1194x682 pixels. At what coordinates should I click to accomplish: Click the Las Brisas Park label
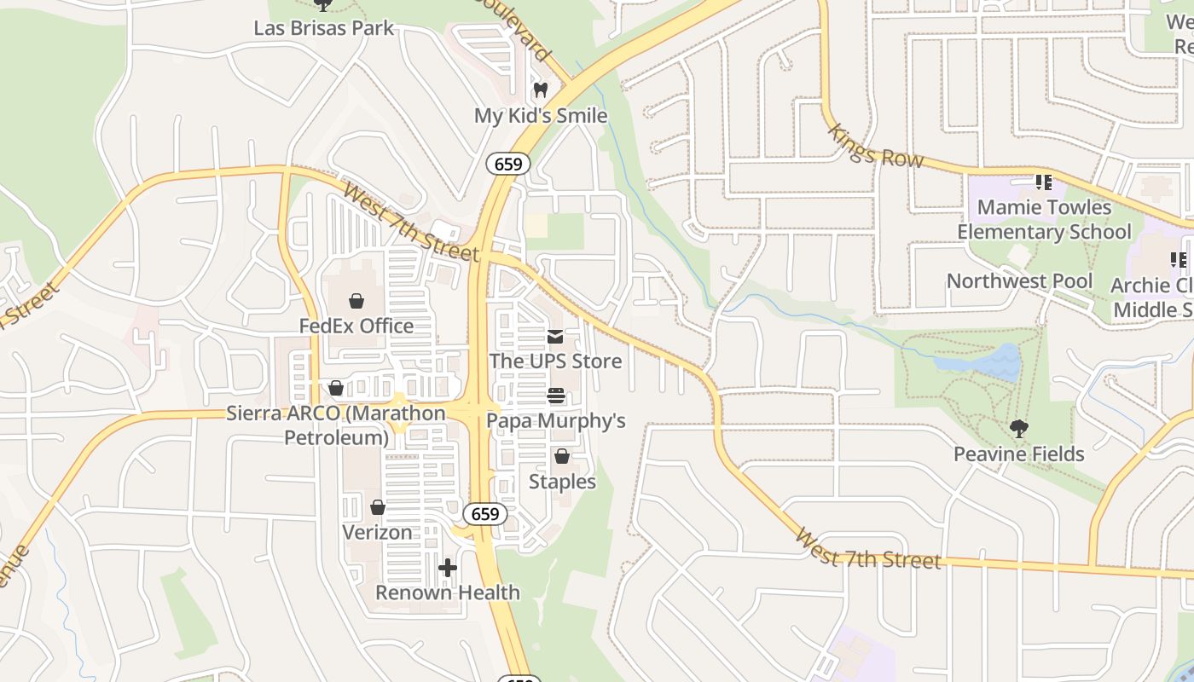pos(324,27)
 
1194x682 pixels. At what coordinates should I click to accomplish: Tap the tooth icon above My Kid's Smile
pos(540,90)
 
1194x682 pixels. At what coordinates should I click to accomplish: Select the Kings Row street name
pos(875,145)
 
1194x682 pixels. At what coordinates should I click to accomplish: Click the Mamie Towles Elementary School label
pos(1044,219)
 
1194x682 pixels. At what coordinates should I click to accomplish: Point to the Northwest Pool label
pos(1019,280)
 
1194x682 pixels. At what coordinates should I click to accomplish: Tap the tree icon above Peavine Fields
pos(1018,428)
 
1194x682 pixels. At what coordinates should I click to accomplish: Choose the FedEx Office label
pos(356,326)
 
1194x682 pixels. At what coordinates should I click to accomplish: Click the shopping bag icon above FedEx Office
pos(356,300)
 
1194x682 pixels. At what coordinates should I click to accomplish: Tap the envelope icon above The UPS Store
pos(555,336)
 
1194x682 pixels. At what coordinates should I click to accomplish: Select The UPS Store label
pos(555,361)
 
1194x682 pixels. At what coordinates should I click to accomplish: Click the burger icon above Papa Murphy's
pos(555,396)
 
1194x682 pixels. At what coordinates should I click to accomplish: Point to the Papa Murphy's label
pos(555,420)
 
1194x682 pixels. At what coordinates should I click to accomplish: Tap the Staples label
pos(562,482)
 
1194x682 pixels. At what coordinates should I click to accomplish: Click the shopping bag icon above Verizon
pos(377,507)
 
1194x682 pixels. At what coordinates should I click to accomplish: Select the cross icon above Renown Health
pos(448,567)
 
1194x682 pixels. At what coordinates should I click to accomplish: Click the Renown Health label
pos(448,592)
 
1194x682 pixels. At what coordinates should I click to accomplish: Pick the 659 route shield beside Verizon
pos(485,514)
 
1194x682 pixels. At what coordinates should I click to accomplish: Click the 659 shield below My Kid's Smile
pos(508,164)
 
